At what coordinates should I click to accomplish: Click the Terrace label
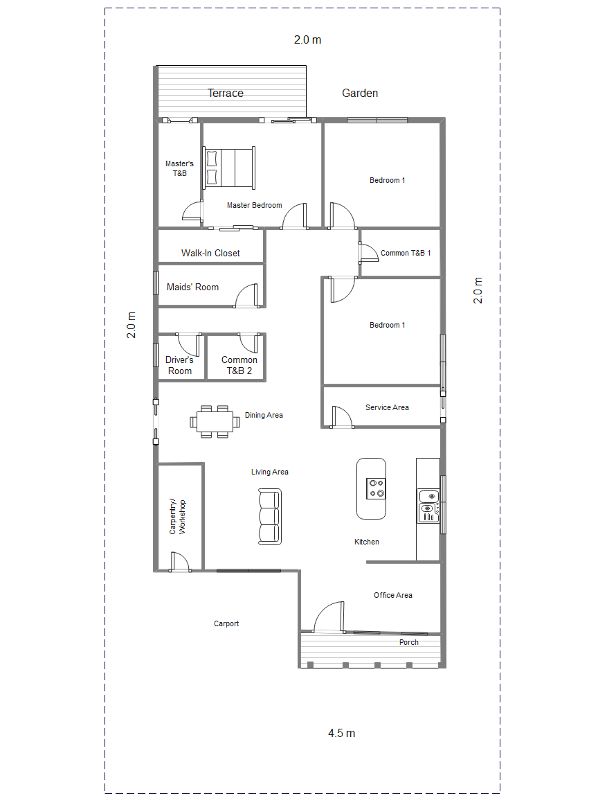226,93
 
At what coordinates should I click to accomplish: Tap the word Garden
360,93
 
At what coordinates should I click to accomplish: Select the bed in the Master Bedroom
229,168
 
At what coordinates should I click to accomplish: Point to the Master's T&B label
179,168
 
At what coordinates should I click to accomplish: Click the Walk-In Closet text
210,253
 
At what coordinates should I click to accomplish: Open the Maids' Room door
246,296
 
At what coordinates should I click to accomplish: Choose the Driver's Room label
180,365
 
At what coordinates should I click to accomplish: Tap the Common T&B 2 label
239,365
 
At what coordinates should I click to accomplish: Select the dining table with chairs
213,421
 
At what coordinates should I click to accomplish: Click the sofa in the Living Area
270,516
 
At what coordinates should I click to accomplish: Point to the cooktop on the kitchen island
377,488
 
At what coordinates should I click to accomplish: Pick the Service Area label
387,407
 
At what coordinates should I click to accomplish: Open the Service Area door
343,417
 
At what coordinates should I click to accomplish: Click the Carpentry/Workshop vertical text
179,516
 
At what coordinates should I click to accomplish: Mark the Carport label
226,623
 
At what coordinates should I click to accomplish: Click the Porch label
409,642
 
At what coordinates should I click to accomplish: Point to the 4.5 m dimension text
341,733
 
